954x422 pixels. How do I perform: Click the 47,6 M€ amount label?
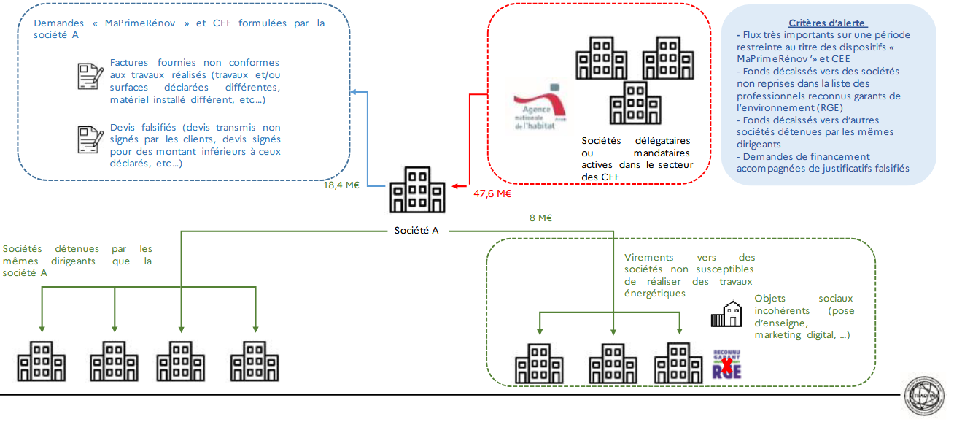click(x=492, y=194)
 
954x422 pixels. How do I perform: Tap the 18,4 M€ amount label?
click(x=341, y=185)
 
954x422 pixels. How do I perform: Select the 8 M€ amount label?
click(x=540, y=218)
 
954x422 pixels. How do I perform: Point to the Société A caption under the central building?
click(x=416, y=231)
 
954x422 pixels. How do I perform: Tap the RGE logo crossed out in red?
click(x=726, y=365)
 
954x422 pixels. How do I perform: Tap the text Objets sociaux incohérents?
click(x=804, y=316)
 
